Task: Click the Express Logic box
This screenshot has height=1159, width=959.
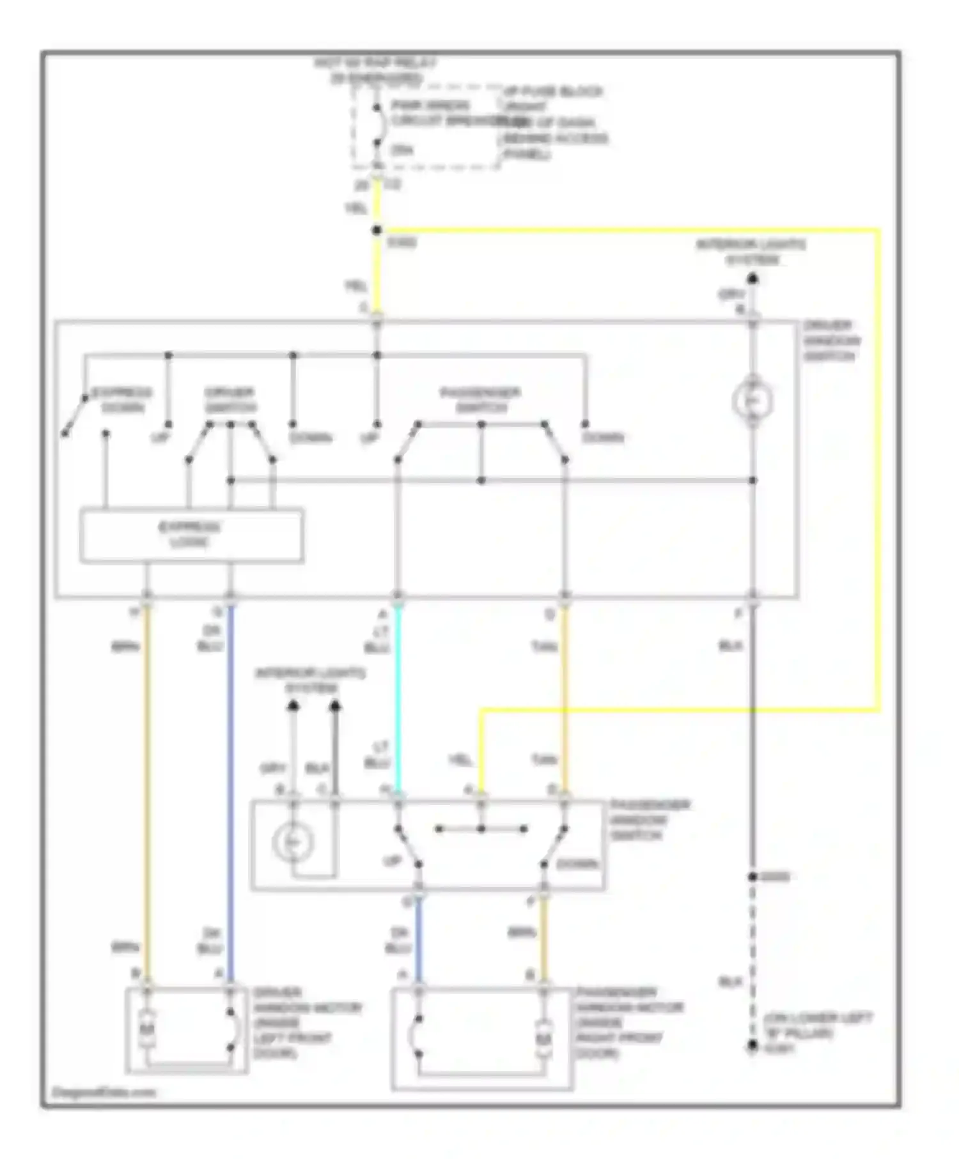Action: click(191, 535)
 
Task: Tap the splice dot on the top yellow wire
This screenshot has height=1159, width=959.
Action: click(377, 230)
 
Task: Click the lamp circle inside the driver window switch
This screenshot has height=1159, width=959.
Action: click(752, 401)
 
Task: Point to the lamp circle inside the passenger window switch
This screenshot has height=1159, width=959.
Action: click(293, 843)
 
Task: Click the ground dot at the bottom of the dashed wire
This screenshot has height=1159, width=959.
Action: click(752, 1046)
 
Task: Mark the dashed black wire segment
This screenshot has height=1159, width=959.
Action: click(752, 958)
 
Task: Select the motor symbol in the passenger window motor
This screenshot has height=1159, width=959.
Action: click(543, 1039)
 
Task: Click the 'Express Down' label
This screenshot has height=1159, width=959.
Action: click(121, 399)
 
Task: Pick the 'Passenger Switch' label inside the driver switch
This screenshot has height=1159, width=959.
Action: click(481, 399)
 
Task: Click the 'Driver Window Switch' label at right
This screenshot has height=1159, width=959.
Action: click(831, 341)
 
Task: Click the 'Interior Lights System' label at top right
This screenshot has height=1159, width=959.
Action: click(751, 252)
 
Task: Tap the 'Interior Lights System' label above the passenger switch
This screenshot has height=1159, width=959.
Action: click(311, 680)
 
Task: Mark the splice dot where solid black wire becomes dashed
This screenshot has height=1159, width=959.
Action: click(752, 877)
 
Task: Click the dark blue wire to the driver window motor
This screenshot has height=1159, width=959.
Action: click(230, 792)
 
